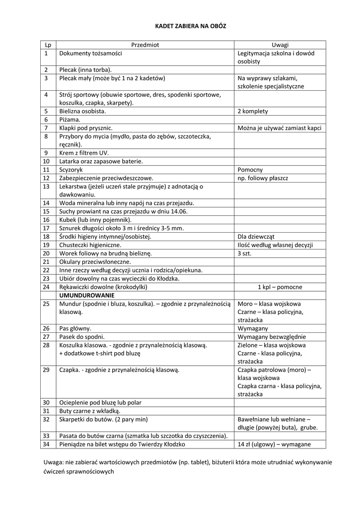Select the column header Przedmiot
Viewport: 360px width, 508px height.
[145, 45]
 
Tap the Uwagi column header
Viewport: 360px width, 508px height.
[280, 45]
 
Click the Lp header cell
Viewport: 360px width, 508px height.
[48, 45]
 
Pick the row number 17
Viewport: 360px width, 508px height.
[46, 228]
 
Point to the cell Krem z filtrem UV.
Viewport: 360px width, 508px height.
[83, 152]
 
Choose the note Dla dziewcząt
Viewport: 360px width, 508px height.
[256, 237]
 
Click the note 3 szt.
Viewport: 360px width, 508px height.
[245, 253]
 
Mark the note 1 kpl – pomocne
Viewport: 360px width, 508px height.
[280, 287]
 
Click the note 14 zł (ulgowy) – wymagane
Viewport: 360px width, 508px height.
[274, 444]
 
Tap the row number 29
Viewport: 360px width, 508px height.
[46, 370]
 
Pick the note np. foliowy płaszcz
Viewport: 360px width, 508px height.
[263, 178]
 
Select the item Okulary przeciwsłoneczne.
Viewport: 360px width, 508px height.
[95, 261]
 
